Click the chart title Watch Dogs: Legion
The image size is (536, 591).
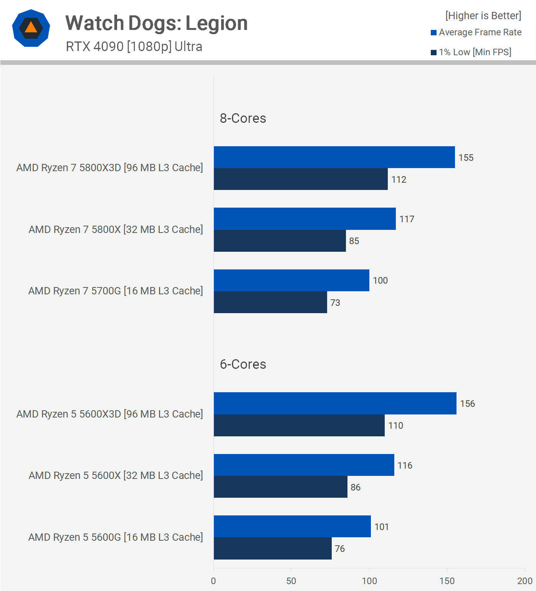pyautogui.click(x=156, y=23)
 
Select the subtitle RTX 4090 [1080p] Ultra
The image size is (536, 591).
pyautogui.click(x=134, y=46)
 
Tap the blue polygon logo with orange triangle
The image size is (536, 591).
pyautogui.click(x=31, y=28)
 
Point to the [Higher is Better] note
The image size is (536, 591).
pyautogui.click(x=483, y=16)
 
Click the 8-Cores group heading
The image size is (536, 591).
pyautogui.click(x=243, y=118)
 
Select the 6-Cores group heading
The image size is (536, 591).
pyautogui.click(x=243, y=364)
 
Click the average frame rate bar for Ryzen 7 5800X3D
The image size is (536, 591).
pyautogui.click(x=334, y=157)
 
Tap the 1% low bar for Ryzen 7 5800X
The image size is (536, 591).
pyautogui.click(x=280, y=241)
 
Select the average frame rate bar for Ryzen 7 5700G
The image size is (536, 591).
pyautogui.click(x=291, y=281)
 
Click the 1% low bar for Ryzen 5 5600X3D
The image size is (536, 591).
pyautogui.click(x=299, y=426)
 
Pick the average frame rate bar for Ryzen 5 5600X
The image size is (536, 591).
pyautogui.click(x=304, y=465)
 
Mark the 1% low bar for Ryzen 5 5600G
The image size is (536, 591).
pyautogui.click(x=273, y=549)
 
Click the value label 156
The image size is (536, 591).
pyautogui.click(x=467, y=404)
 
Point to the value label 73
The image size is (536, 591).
pyautogui.click(x=335, y=303)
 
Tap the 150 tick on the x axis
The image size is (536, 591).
pyautogui.click(x=447, y=581)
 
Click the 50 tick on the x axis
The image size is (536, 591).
pyautogui.click(x=291, y=581)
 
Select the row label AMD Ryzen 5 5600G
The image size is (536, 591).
pyautogui.click(x=116, y=537)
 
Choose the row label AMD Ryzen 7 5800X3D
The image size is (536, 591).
pyautogui.click(x=109, y=168)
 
